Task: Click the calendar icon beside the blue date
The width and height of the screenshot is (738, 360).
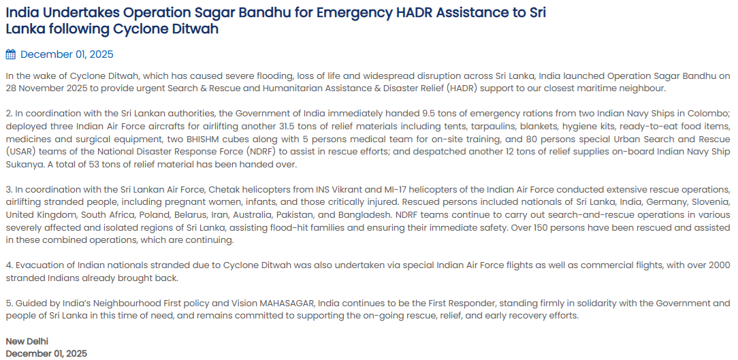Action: [10, 54]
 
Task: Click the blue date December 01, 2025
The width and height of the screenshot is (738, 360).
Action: [67, 54]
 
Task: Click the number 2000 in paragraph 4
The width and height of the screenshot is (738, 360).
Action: [718, 265]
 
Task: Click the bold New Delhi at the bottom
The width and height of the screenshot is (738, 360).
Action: [27, 341]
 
